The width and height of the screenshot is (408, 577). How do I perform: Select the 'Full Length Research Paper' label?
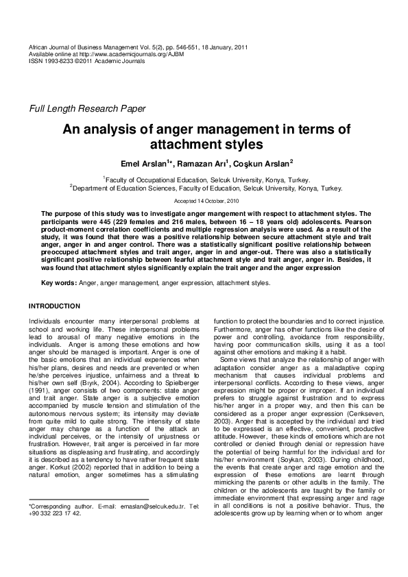(x=86, y=109)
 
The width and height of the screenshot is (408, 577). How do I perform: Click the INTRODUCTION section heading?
(x=54, y=305)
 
